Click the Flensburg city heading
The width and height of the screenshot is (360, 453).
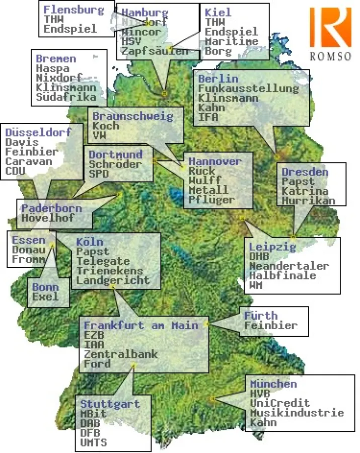pyautogui.click(x=74, y=10)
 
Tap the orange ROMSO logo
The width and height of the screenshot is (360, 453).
pyautogui.click(x=330, y=28)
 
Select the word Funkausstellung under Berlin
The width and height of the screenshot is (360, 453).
pyautogui.click(x=248, y=89)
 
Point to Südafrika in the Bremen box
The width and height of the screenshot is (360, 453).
pyautogui.click(x=65, y=97)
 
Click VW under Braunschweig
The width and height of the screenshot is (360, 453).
pyautogui.click(x=99, y=135)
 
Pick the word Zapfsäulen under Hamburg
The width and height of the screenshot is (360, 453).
pyautogui.click(x=155, y=51)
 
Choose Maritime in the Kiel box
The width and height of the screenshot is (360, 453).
pyautogui.click(x=232, y=41)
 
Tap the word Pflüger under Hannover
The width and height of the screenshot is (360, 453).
pyautogui.click(x=211, y=200)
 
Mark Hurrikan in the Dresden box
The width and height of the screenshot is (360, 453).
pyautogui.click(x=308, y=200)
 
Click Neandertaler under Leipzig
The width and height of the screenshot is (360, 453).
pyautogui.click(x=289, y=266)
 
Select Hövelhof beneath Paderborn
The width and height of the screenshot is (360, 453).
pyautogui.click(x=47, y=218)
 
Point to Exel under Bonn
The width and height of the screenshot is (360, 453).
pyautogui.click(x=45, y=296)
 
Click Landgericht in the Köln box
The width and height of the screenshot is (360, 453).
pyautogui.click(x=113, y=280)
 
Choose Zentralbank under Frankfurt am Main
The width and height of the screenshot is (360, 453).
pyautogui.click(x=120, y=354)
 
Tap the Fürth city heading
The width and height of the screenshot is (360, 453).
pyautogui.click(x=260, y=316)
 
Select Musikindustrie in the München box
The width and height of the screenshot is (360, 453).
pyautogui.click(x=297, y=413)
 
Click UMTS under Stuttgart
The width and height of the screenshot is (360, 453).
pyautogui.click(x=93, y=443)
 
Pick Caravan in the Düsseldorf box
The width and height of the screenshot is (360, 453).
pyautogui.click(x=28, y=162)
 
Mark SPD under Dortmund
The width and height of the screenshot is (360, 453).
pyautogui.click(x=99, y=174)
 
